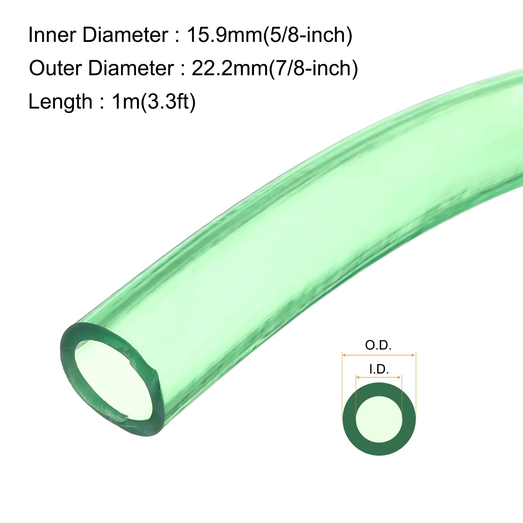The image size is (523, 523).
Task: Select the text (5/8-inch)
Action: click(x=308, y=35)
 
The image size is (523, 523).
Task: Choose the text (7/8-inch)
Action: click(x=313, y=69)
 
